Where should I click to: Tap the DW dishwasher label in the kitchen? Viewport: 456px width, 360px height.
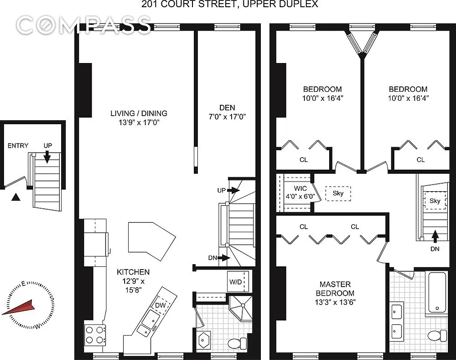tap(161, 305)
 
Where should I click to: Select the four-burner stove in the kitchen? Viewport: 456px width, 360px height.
tap(95, 335)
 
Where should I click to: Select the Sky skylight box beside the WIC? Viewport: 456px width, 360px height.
tap(338, 193)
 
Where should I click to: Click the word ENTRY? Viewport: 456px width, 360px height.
tap(18, 145)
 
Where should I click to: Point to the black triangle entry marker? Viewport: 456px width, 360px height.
tap(16, 197)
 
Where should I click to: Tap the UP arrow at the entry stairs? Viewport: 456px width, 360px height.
tap(47, 155)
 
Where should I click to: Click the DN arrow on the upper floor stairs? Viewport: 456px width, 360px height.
tap(435, 235)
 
